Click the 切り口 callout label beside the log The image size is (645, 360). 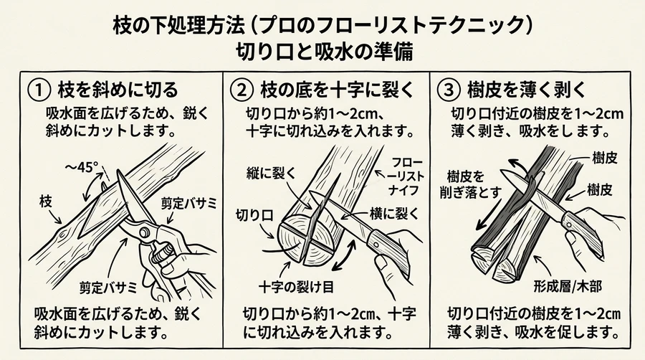point(253,214)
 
